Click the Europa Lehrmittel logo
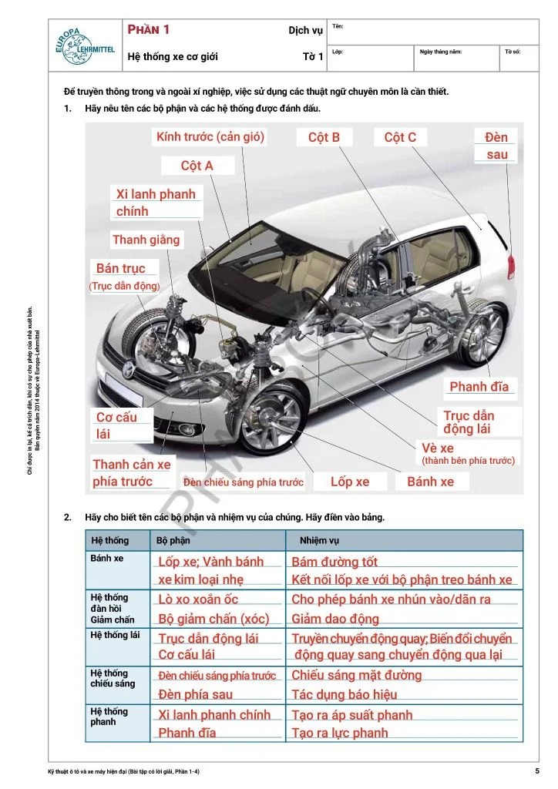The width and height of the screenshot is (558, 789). click(x=83, y=45)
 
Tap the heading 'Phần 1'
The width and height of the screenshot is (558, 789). click(x=149, y=29)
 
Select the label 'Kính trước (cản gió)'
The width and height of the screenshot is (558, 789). click(x=210, y=137)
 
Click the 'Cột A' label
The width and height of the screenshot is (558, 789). click(x=197, y=166)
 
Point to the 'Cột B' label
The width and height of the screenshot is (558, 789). click(x=324, y=137)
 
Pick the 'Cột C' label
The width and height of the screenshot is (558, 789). click(x=400, y=137)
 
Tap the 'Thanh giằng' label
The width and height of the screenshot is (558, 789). click(x=146, y=240)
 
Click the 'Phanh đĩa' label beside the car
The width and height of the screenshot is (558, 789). click(x=479, y=386)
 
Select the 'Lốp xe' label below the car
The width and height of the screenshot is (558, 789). click(x=350, y=482)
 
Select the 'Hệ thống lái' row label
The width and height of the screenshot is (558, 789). click(x=114, y=635)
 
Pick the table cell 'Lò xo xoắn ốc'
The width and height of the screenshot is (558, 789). click(x=198, y=599)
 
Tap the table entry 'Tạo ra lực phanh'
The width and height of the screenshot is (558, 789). click(x=340, y=733)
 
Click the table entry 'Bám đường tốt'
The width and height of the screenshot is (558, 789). click(x=334, y=562)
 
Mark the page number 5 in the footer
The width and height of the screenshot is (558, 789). click(x=536, y=771)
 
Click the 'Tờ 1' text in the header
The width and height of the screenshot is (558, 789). click(x=312, y=56)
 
